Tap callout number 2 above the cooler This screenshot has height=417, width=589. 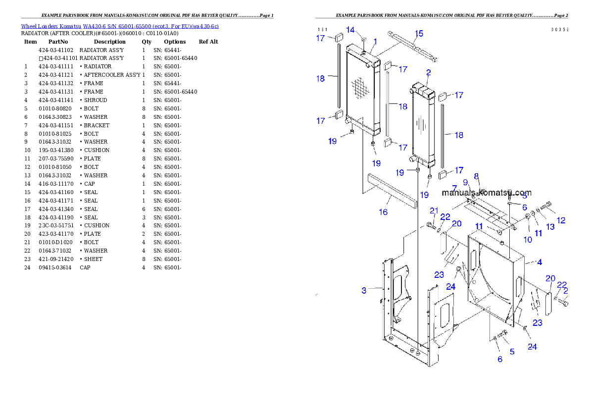[428, 72]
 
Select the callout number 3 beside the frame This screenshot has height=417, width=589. [364, 290]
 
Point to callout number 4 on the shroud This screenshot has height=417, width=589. [540, 261]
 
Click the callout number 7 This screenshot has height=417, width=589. [454, 188]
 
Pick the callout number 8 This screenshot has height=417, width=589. [476, 176]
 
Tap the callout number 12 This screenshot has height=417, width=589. [561, 220]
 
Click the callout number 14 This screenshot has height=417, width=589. [350, 30]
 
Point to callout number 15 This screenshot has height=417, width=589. [419, 34]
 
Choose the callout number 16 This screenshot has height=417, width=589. [383, 212]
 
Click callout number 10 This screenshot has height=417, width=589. [528, 240]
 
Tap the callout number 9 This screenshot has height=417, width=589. [466, 182]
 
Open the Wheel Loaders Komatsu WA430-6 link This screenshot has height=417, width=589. [120, 26]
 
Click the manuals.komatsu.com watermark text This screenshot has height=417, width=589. [487, 193]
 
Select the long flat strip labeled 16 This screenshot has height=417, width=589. [391, 190]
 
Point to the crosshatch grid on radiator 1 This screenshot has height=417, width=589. [360, 89]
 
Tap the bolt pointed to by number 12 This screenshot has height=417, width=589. [547, 205]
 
